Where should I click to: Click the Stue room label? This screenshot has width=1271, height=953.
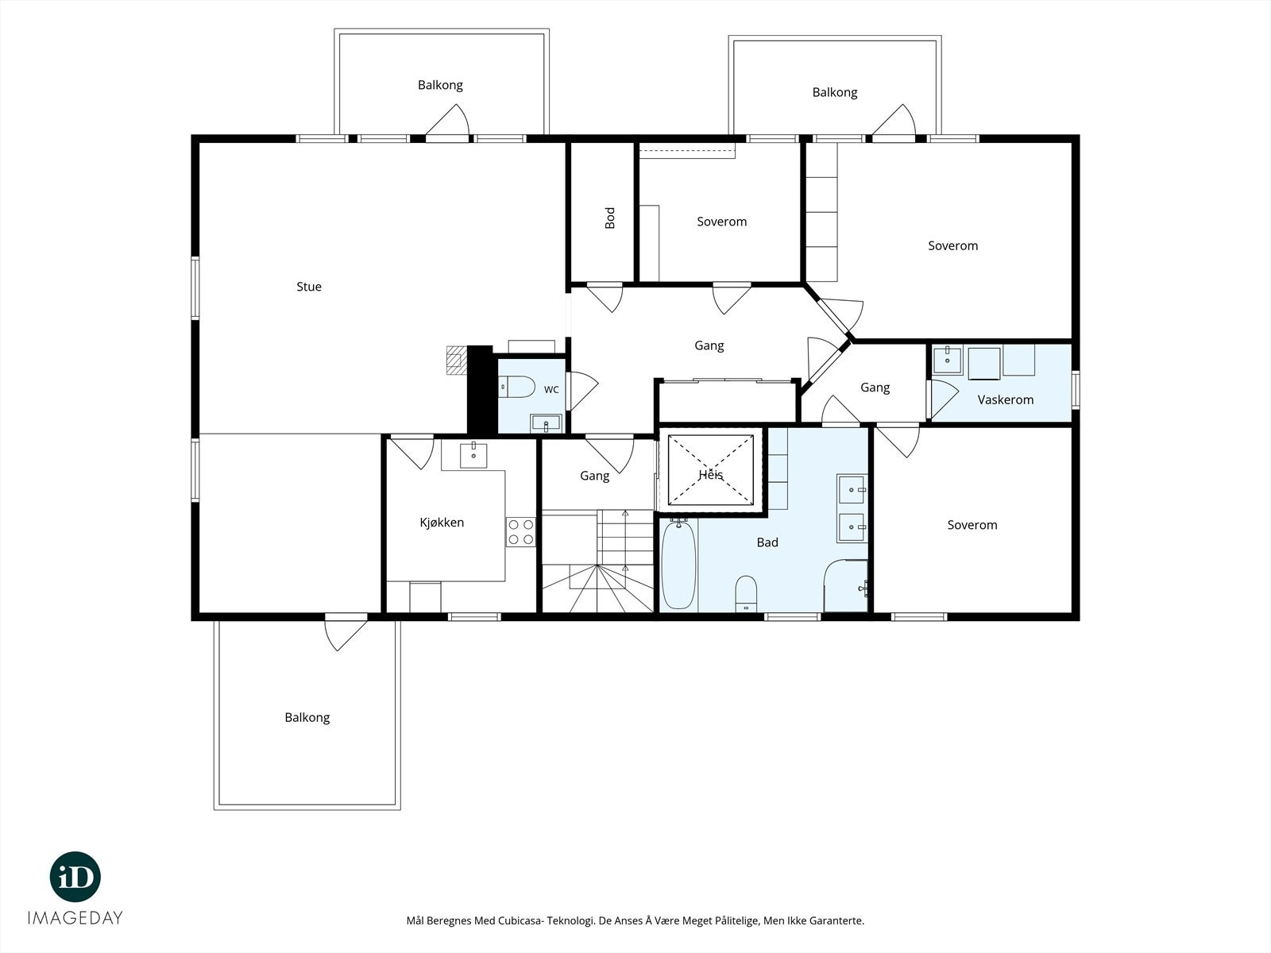pyautogui.click(x=309, y=287)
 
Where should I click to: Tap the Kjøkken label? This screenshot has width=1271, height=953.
pyautogui.click(x=442, y=523)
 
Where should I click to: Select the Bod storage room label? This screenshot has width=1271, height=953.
pyautogui.click(x=610, y=218)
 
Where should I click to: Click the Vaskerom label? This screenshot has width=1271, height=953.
pyautogui.click(x=1005, y=399)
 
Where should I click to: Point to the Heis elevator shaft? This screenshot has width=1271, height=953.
pyautogui.click(x=711, y=470)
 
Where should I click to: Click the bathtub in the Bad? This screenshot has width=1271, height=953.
pyautogui.click(x=678, y=564)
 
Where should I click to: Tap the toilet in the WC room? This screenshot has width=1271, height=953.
pyautogui.click(x=516, y=387)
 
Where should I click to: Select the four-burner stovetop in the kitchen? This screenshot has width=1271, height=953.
pyautogui.click(x=520, y=532)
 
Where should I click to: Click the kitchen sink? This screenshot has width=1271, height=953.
pyautogui.click(x=473, y=455)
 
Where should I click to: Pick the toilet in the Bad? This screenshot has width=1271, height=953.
pyautogui.click(x=746, y=593)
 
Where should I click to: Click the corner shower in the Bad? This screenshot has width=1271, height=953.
pyautogui.click(x=846, y=585)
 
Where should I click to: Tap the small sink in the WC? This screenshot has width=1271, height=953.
pyautogui.click(x=546, y=423)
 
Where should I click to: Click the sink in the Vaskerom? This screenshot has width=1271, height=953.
pyautogui.click(x=948, y=360)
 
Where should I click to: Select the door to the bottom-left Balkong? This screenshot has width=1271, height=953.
pyautogui.click(x=346, y=631)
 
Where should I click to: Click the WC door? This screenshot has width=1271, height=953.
pyautogui.click(x=582, y=391)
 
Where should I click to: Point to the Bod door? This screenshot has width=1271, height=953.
pyautogui.click(x=605, y=297)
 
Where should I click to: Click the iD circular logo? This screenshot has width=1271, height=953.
pyautogui.click(x=75, y=877)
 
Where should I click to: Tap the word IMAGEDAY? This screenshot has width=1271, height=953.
pyautogui.click(x=75, y=918)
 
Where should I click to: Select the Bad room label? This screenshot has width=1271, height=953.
pyautogui.click(x=767, y=542)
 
